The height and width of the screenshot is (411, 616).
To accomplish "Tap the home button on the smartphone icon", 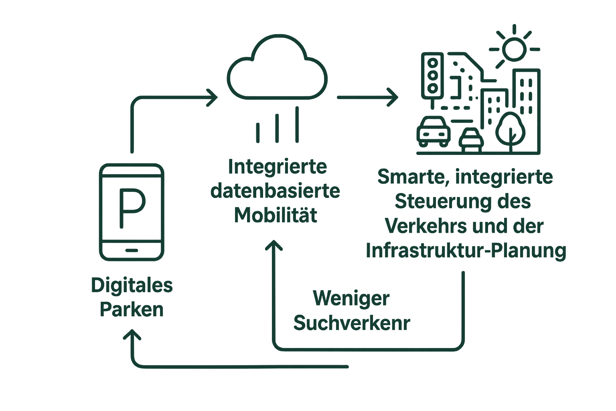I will [132, 250].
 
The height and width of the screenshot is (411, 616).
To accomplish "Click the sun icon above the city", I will [514, 49].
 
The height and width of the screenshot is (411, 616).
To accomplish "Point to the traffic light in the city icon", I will [432, 75].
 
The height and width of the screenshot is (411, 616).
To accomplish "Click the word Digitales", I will [132, 286].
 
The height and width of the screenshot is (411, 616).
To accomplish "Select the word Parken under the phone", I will [132, 310].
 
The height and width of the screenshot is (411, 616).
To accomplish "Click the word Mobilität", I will [276, 216].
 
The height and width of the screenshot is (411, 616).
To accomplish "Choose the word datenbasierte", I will [275, 191].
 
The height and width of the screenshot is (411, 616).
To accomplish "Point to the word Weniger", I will [351, 299].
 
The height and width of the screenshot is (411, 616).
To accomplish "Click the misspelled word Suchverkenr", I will [352, 323].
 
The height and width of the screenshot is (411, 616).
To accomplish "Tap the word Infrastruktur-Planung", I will [466, 251].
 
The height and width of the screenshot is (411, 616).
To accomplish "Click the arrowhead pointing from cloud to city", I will [393, 97].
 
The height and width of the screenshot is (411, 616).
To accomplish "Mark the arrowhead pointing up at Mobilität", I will [274, 244].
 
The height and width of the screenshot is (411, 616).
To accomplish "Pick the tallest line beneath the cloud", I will [297, 124].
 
